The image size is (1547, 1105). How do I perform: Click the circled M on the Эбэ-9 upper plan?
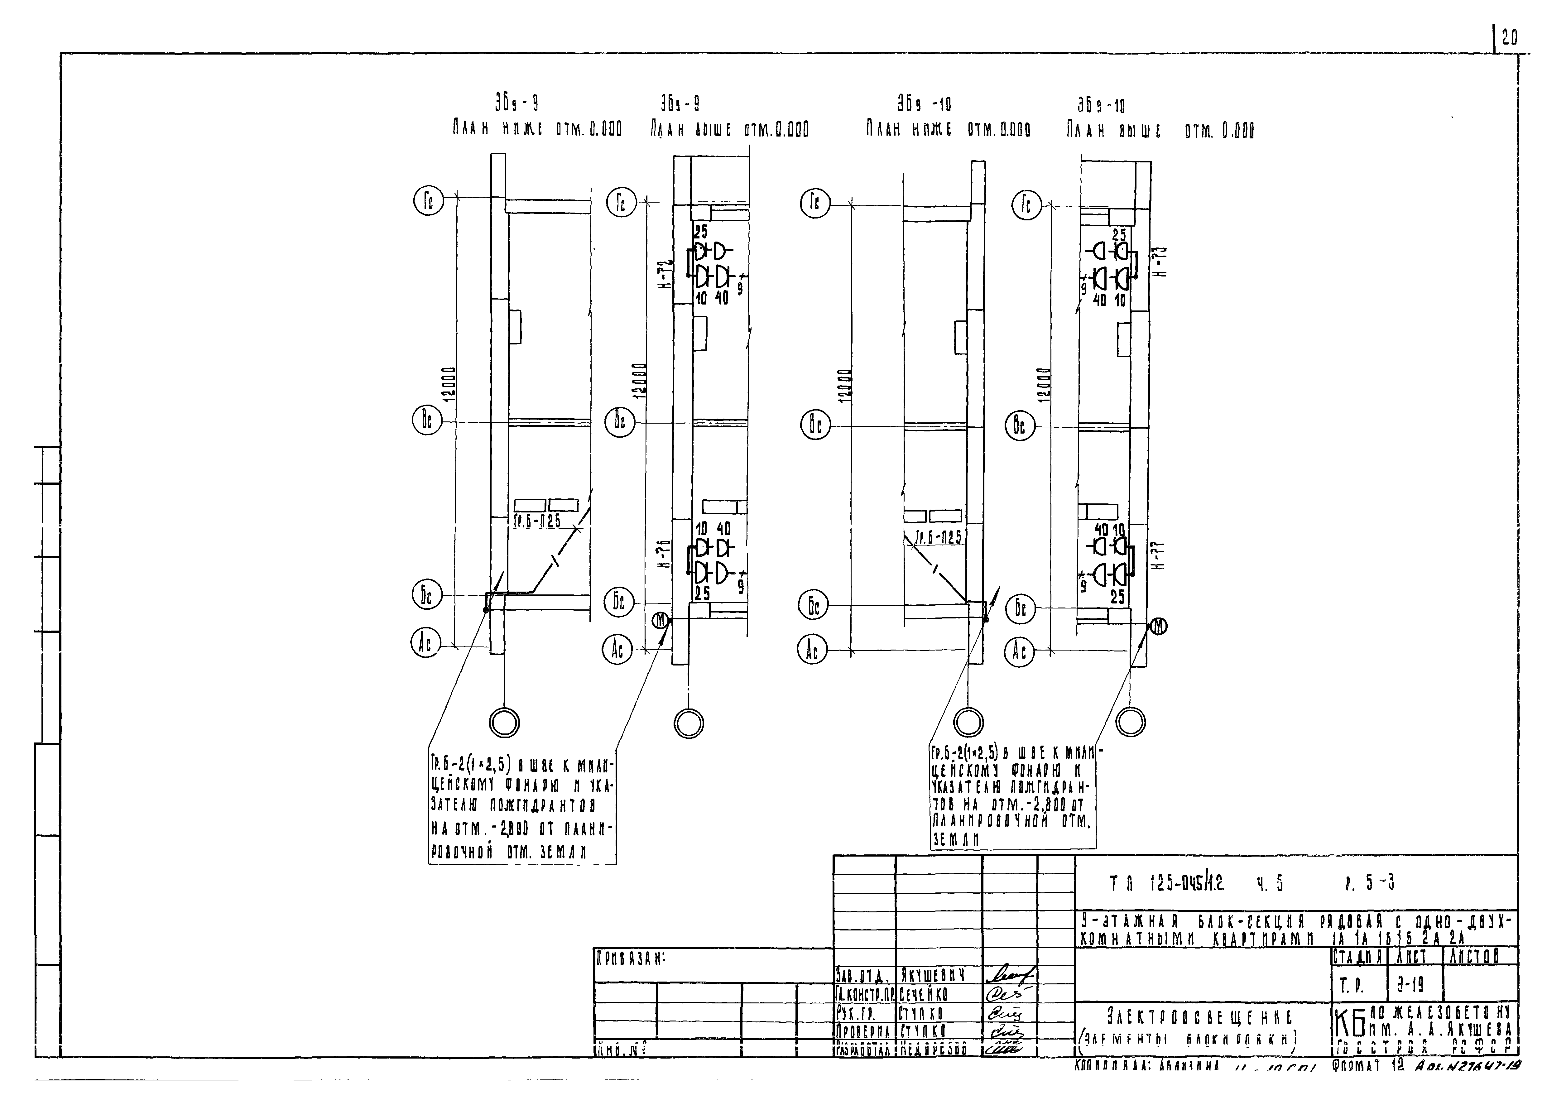click(x=661, y=620)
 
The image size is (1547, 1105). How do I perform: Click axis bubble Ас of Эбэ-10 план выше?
click(x=1019, y=652)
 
